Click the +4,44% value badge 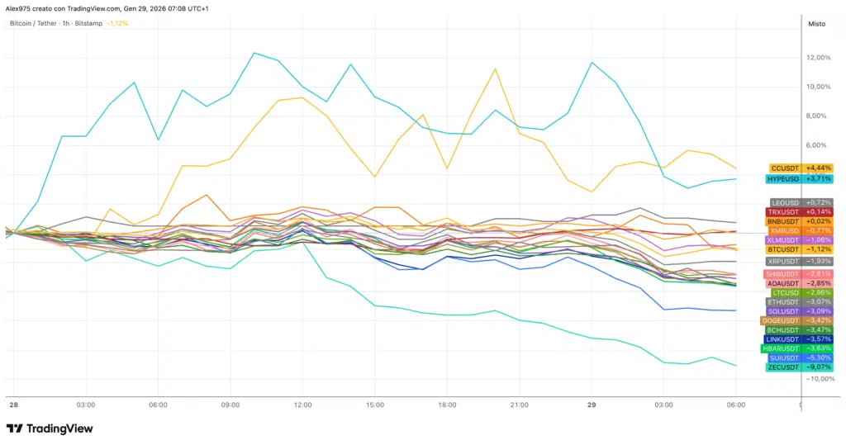pos(817,168)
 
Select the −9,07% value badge pos(817,367)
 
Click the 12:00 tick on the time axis pos(302,405)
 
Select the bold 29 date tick pos(592,405)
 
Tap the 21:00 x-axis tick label pos(519,405)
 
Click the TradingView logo pos(50,428)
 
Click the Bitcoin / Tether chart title pos(33,24)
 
